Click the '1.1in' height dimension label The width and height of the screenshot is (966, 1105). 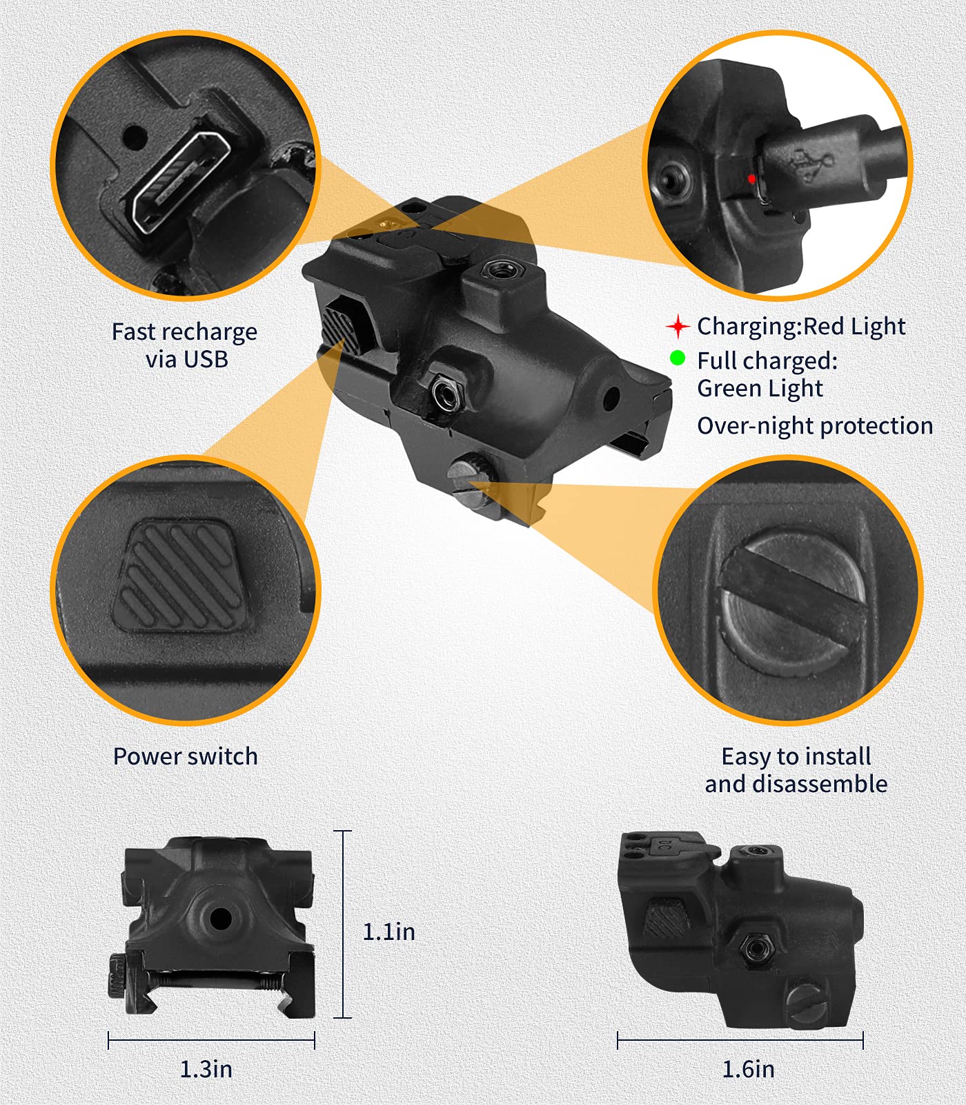click(x=388, y=932)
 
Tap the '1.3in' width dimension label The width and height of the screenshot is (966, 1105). click(x=206, y=1069)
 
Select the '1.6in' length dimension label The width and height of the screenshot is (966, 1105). click(x=748, y=1069)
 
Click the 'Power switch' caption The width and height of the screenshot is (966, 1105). click(x=185, y=756)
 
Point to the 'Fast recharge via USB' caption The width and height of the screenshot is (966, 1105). click(x=185, y=345)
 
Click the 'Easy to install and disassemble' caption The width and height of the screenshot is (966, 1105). click(x=796, y=770)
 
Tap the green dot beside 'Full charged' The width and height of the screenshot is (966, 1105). click(x=678, y=358)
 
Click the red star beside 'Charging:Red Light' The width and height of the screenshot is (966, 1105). click(x=678, y=326)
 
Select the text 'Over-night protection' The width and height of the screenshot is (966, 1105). click(x=815, y=426)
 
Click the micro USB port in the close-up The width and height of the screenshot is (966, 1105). click(x=181, y=182)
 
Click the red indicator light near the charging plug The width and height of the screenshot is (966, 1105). click(x=751, y=179)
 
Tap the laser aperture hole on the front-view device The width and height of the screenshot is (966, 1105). click(x=221, y=919)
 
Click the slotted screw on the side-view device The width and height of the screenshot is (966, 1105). click(x=807, y=1003)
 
